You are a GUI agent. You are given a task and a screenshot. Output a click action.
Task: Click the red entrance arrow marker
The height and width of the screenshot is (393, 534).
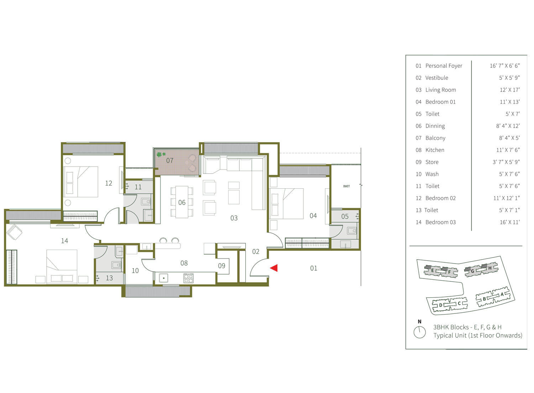coord(274,268)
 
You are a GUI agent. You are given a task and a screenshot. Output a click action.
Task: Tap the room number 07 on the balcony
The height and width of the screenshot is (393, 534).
coord(170,160)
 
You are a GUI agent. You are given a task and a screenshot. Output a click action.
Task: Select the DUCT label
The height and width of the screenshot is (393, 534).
coord(346,186)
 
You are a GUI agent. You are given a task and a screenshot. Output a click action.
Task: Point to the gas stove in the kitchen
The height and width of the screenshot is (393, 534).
coord(188,278)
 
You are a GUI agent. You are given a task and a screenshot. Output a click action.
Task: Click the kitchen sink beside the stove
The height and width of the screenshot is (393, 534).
coord(163,278)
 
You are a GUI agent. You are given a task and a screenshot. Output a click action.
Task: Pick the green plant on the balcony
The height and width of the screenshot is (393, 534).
coord(161,154)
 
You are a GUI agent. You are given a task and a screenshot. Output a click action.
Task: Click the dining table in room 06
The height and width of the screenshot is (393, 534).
coord(182,202)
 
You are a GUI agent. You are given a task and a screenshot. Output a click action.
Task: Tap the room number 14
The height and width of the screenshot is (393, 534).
coord(64,241)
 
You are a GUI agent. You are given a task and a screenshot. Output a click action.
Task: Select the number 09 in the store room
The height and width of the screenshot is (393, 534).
coord(221,266)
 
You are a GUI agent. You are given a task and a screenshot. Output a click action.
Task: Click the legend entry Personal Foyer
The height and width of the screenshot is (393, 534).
coord(444,66)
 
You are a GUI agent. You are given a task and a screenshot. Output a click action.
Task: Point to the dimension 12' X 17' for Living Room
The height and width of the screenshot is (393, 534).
coord(510,90)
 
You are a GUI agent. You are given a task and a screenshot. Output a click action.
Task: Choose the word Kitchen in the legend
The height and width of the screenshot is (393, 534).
coord(435,150)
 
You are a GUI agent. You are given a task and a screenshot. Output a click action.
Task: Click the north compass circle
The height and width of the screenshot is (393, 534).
coord(420,332)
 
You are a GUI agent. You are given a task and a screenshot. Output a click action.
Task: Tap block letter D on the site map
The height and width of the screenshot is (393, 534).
coord(441,305)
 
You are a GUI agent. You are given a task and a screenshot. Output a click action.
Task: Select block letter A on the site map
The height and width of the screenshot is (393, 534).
coord(502,295)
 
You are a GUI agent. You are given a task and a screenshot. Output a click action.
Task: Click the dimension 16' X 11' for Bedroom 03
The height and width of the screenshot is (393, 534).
coord(510,222)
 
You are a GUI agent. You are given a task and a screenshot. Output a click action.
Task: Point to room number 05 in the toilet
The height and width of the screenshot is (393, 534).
coord(345,216)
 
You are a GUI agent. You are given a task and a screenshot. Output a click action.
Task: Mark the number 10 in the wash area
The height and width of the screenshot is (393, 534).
coord(135,271)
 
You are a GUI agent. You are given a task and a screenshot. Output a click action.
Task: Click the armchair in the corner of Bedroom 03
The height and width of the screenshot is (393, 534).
coord(14,232)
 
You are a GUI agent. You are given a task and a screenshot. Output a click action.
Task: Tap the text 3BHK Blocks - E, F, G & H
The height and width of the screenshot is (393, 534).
coord(467,327)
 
